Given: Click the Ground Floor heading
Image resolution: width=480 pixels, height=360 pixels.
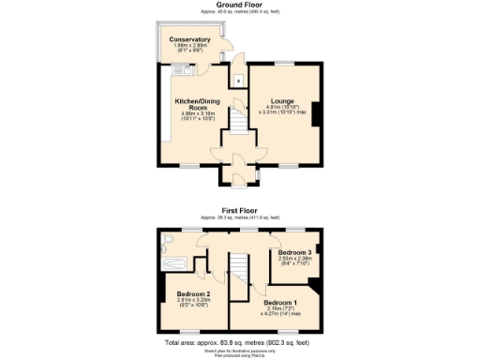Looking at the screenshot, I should coord(239,6).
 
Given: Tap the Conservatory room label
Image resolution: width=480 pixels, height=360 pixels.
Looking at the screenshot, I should coord(190,39).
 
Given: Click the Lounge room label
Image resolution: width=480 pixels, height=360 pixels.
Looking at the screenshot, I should coord(282,100).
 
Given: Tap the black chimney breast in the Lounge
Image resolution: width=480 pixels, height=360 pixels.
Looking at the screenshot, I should coord(317,113).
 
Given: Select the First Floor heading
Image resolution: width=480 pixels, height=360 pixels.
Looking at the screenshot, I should coord(239,211).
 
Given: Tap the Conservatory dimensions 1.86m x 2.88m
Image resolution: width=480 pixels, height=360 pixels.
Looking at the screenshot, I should coord(190,47).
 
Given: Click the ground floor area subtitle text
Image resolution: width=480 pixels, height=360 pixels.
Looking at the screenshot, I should coord(239,13).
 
